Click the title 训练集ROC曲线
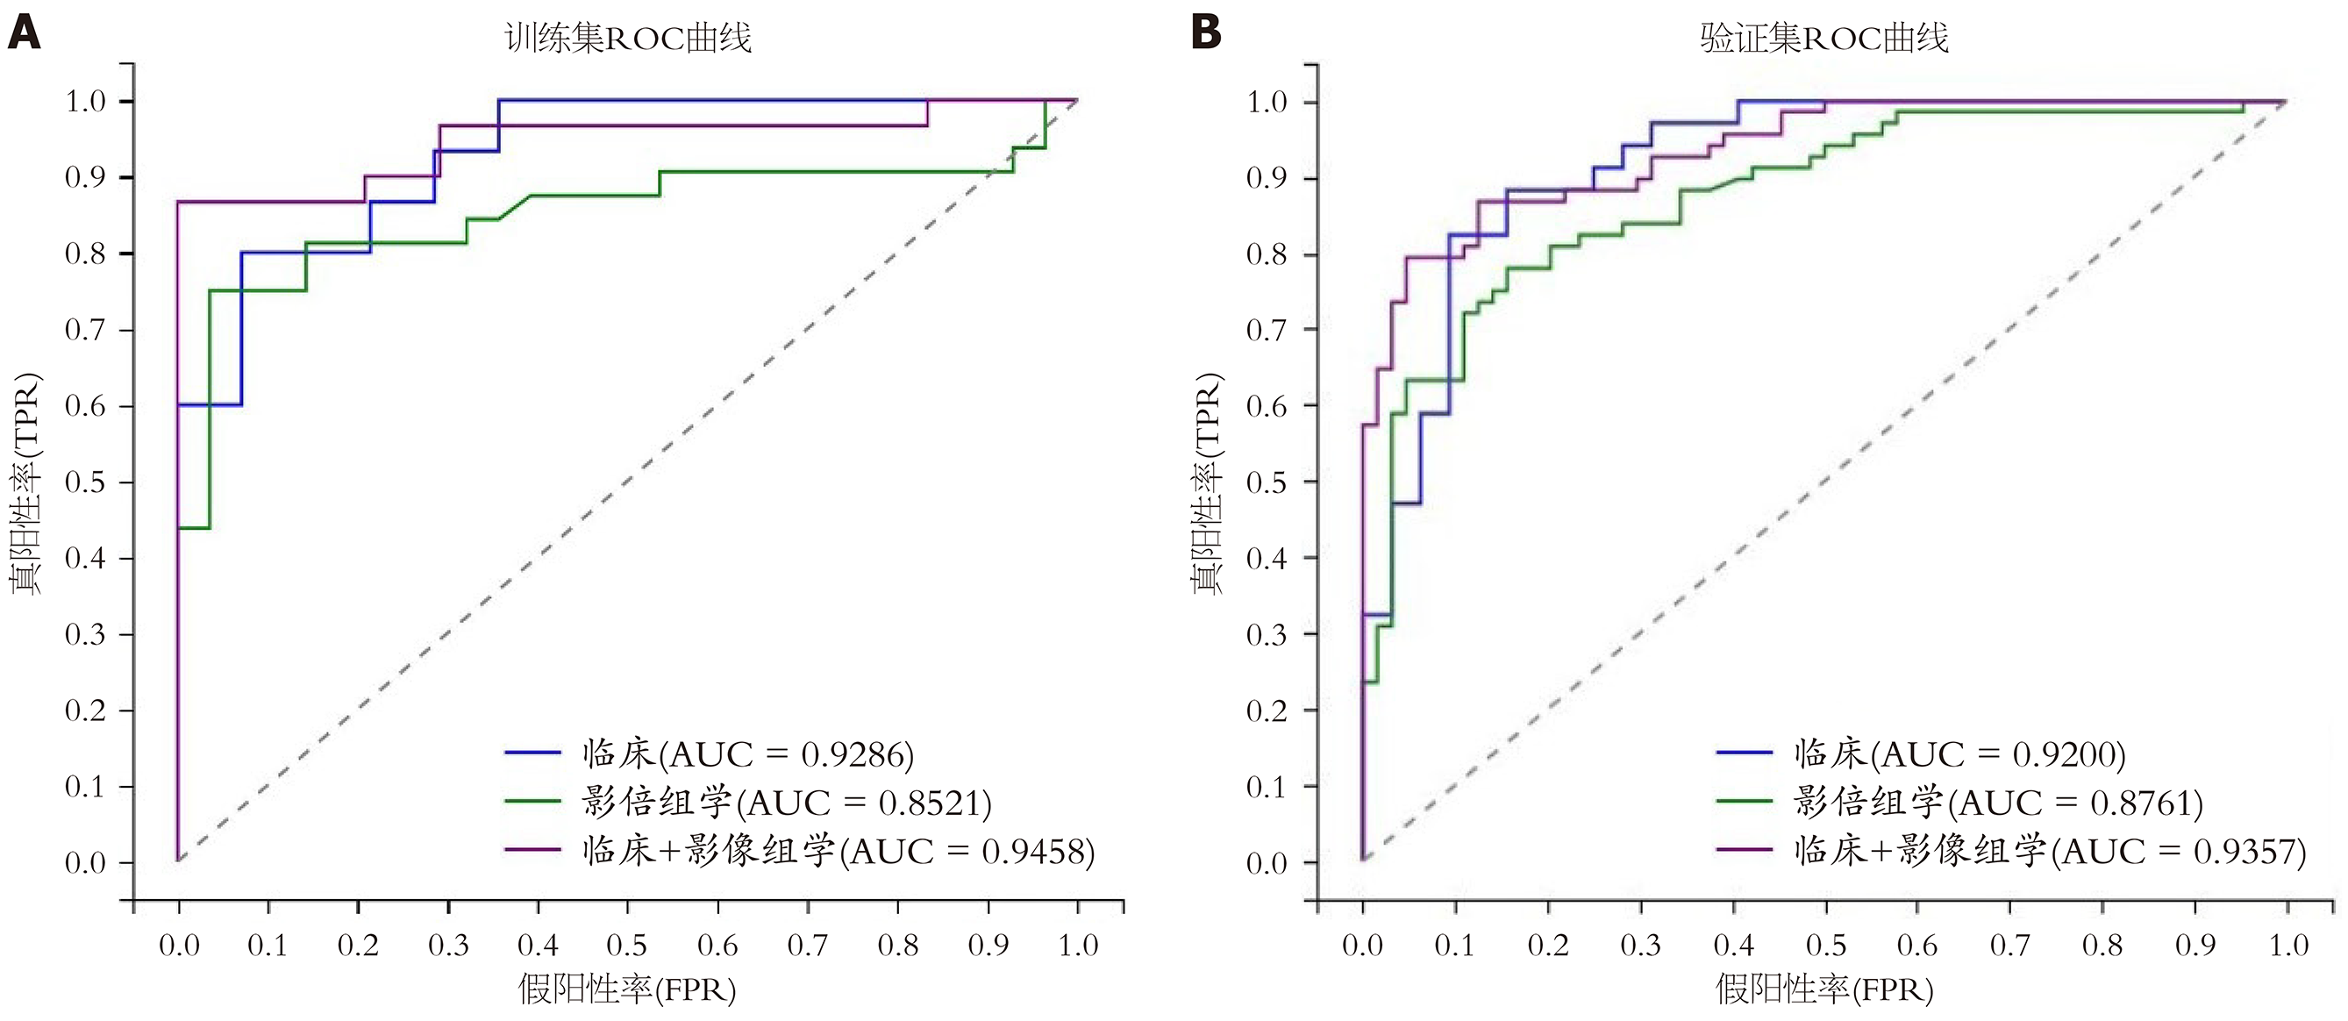pos(628,39)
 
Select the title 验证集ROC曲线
pos(1823,39)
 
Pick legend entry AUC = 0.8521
pos(786,803)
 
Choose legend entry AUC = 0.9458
pos(838,852)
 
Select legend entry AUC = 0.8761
pos(1998,803)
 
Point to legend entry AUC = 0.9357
pos(2050,852)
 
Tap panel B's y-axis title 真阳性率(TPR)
pos(1208,483)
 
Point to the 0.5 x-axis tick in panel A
pos(627,946)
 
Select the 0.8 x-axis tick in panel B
pos(2102,946)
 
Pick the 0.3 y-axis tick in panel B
pos(1267,634)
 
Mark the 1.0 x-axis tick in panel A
pos(1077,946)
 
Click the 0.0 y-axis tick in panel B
pos(1267,863)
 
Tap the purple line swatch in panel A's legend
pos(532,850)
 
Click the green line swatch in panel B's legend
pos(1744,802)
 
